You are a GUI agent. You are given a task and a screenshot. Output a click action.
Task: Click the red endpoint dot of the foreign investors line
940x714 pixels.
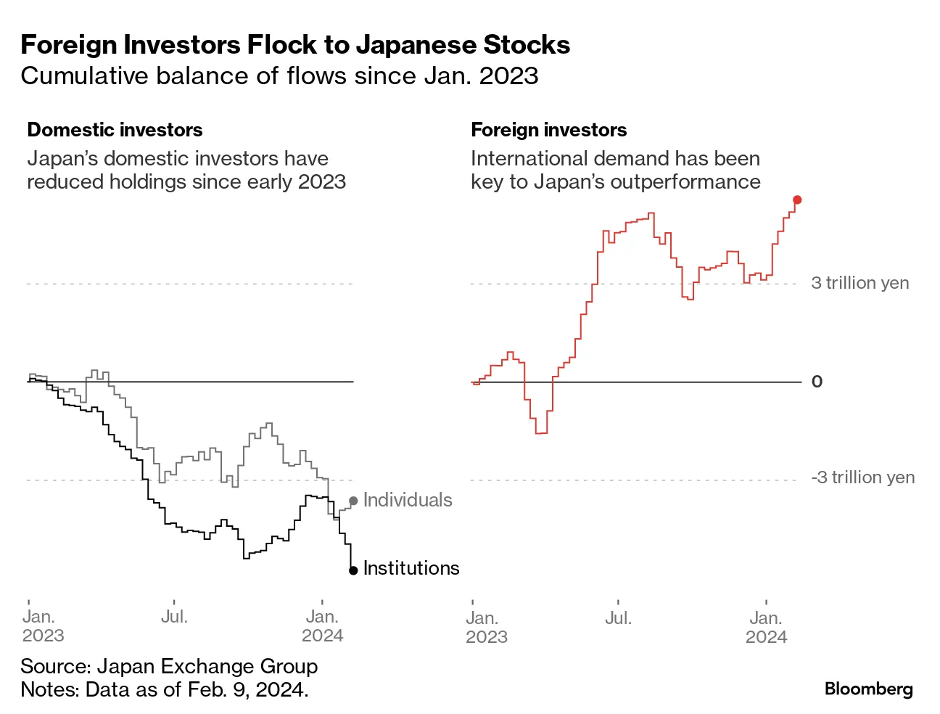pyautogui.click(x=797, y=200)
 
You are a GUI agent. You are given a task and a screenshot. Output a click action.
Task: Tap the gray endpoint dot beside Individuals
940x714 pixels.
pyautogui.click(x=353, y=501)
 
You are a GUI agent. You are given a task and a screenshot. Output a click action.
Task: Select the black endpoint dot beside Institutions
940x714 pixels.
pyautogui.click(x=353, y=570)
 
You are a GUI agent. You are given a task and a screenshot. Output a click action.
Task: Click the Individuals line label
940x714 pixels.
pyautogui.click(x=408, y=500)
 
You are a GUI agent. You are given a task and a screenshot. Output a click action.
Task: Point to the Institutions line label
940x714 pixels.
pyautogui.click(x=411, y=568)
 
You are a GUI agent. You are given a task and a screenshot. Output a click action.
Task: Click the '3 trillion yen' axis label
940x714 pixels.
pyautogui.click(x=859, y=283)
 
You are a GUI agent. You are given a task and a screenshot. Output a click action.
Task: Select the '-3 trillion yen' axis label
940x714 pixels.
pyautogui.click(x=862, y=477)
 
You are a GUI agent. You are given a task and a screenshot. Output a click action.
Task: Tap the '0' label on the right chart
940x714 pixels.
pyautogui.click(x=817, y=382)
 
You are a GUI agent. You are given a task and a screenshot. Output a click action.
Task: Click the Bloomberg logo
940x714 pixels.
pyautogui.click(x=868, y=689)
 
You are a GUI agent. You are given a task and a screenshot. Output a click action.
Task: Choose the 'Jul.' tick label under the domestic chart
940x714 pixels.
pyautogui.click(x=174, y=617)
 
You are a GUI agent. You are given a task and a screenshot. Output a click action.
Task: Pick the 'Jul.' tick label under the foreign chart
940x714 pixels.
pyautogui.click(x=618, y=618)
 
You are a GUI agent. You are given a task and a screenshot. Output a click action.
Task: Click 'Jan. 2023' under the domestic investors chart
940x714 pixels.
pyautogui.click(x=43, y=626)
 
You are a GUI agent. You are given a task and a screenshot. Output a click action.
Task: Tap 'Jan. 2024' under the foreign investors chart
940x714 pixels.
pyautogui.click(x=766, y=628)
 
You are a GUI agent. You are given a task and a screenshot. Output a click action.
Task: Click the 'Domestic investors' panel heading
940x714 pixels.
pyautogui.click(x=115, y=130)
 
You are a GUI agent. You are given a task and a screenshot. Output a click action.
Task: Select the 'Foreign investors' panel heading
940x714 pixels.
pyautogui.click(x=548, y=130)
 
